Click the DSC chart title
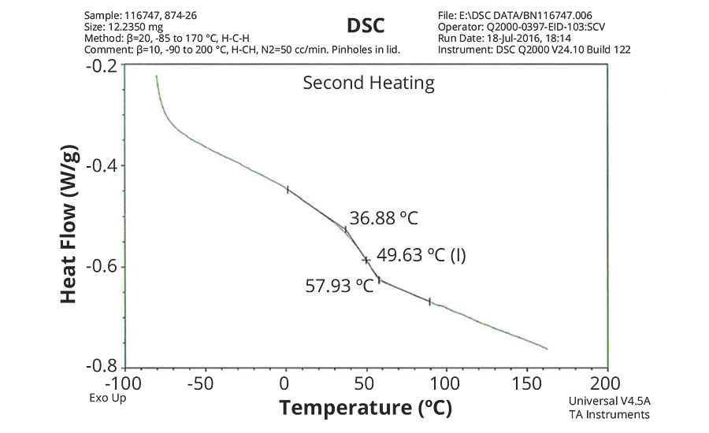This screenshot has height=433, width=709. point(366,25)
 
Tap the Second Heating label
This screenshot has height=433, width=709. point(369,83)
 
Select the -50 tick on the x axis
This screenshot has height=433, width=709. point(204,383)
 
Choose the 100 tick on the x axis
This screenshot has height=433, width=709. point(445,383)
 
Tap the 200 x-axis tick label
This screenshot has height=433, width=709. point(605,383)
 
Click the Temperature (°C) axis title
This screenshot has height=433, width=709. point(366,409)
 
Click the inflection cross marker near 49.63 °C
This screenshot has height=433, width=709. point(366,259)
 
